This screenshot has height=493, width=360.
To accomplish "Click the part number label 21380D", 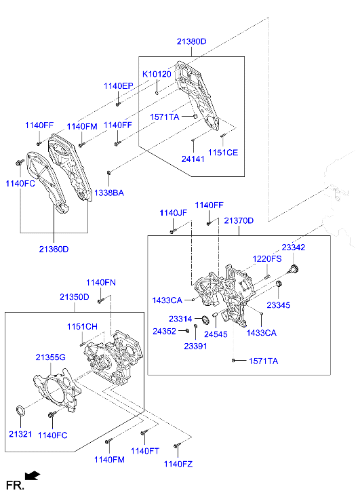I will (192, 42).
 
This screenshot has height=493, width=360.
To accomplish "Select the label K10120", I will (156, 74).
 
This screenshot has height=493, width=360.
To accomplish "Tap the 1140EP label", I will (119, 86).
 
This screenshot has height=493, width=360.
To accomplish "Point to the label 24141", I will (193, 159).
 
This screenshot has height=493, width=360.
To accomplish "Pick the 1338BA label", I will (108, 193).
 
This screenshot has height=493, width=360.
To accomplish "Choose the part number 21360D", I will (54, 249).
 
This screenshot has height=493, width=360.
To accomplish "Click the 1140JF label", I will (173, 213).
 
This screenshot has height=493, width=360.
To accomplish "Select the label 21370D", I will (239, 221).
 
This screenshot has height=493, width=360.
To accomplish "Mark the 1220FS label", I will (267, 259).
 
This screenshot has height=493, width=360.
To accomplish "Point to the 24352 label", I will (165, 332).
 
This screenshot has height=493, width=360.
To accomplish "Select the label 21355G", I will (51, 357).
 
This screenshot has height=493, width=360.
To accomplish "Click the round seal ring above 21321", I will (21, 410).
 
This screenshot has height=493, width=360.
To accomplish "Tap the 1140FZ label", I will (178, 464).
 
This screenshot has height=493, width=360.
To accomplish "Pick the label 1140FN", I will (100, 282).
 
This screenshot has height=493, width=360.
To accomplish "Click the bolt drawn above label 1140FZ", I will (176, 446).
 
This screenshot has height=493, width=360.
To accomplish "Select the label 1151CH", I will (82, 327).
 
